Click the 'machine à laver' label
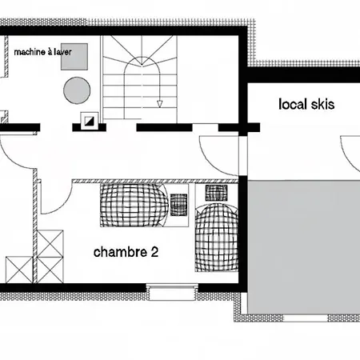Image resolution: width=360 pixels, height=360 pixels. [42, 52]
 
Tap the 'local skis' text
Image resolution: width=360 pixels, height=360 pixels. [306, 104]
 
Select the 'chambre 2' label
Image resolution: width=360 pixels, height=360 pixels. [126, 252]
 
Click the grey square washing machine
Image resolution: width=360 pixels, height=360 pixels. [74, 57]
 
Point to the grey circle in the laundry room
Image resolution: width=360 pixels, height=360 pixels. [77, 90]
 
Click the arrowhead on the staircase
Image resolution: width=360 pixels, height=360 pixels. [159, 104]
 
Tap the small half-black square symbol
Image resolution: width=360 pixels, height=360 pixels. [89, 122]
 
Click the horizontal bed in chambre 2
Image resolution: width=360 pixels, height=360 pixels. [134, 206]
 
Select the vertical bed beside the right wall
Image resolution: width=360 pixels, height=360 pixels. [217, 238]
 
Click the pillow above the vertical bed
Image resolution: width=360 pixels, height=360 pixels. [216, 193]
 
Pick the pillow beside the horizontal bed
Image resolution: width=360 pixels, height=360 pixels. [178, 205]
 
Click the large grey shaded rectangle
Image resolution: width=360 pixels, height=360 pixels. [304, 247]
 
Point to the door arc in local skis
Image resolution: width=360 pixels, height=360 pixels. [346, 158]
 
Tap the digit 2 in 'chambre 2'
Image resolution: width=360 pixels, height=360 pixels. [154, 252]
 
